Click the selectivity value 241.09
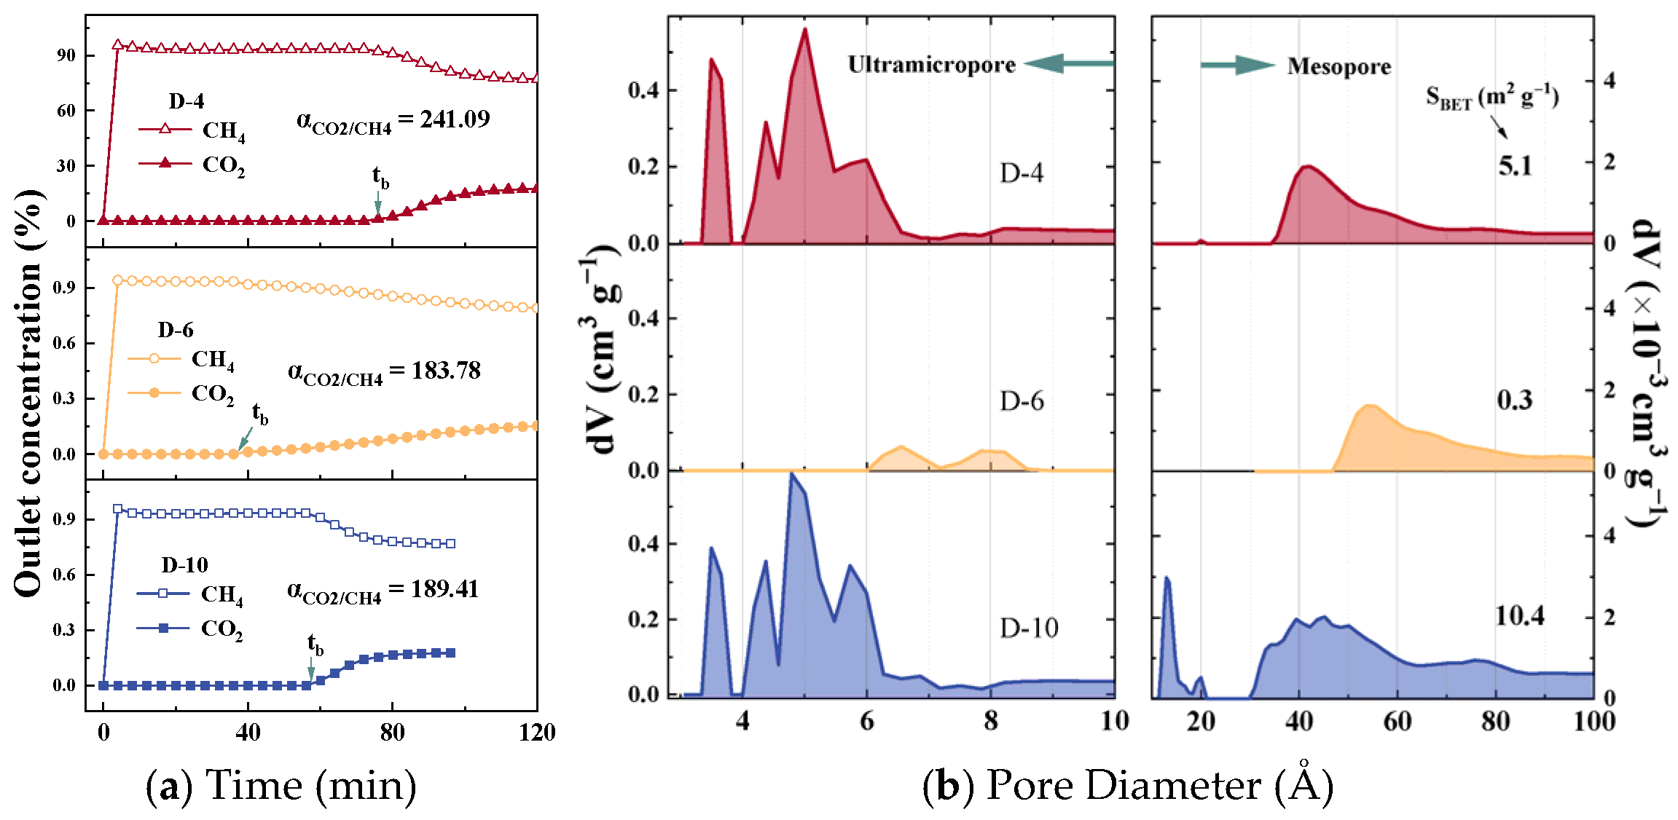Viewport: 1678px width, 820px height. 455,119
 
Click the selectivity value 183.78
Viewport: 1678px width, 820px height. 446,371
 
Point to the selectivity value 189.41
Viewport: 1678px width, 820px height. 444,588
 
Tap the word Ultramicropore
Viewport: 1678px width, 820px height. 931,65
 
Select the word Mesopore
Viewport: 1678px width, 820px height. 1338,66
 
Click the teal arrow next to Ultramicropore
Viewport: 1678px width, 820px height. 1069,64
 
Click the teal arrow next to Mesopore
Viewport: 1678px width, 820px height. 1238,66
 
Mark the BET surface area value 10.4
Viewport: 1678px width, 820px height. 1519,616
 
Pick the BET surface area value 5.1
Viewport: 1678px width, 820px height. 1515,166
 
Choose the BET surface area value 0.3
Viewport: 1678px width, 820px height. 1514,400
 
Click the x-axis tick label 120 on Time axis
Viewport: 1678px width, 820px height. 537,732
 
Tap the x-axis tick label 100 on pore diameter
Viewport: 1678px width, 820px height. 1593,721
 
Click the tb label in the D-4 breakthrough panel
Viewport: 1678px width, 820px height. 380,177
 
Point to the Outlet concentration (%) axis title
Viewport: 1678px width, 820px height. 29,393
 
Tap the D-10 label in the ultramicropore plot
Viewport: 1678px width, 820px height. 1028,628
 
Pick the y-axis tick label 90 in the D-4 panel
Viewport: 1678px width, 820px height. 66,55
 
